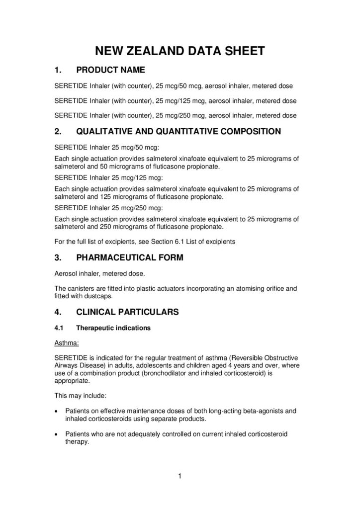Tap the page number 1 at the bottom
180,478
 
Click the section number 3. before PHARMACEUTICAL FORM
57,257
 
